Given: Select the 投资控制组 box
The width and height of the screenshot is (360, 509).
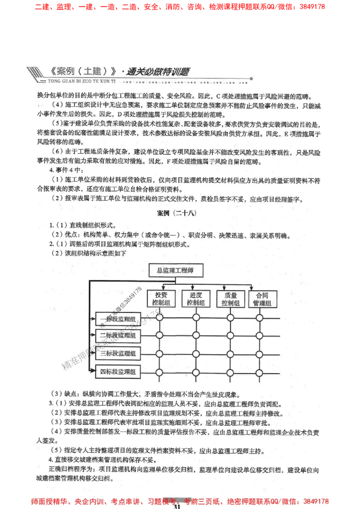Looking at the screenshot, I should (x=161, y=299).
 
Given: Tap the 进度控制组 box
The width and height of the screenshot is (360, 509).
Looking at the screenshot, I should (x=196, y=299).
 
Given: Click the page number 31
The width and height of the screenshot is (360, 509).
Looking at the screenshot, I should (x=177, y=506).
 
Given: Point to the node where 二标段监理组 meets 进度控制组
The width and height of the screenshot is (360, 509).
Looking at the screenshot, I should (x=196, y=335).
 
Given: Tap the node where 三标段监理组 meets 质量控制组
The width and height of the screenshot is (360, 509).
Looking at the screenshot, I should (x=230, y=354).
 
